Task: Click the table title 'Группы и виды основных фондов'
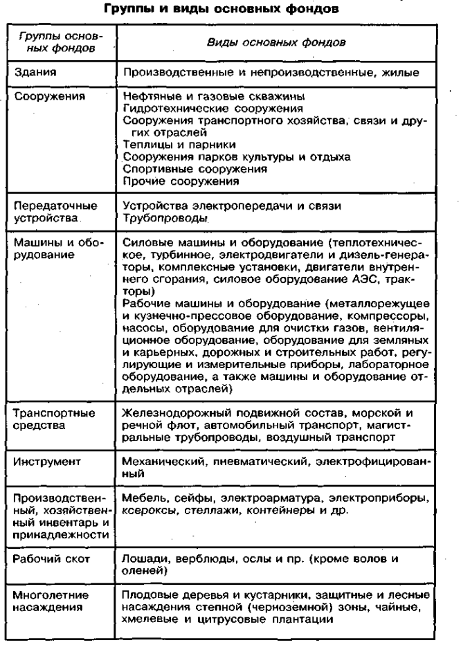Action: (x=230, y=11)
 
